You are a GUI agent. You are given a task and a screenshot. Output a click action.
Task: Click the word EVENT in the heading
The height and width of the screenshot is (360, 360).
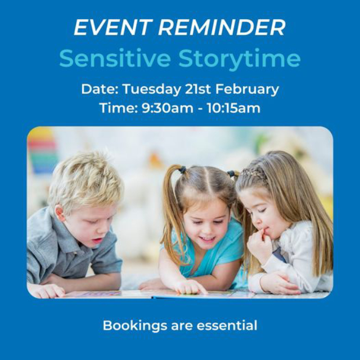pos(113,28)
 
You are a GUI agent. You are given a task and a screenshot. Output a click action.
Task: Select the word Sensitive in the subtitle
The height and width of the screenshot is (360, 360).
pos(115,58)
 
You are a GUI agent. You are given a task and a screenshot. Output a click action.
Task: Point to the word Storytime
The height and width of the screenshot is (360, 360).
pos(240,59)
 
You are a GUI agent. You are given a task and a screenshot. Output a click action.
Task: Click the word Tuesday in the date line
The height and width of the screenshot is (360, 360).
pos(151,89)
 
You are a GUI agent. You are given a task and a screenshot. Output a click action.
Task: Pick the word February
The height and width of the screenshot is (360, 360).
pos(247,89)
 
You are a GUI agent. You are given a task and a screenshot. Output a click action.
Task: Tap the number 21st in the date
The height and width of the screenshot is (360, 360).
pos(197,89)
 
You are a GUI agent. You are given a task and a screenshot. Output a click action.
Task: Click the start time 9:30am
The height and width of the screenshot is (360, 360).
pos(167,108)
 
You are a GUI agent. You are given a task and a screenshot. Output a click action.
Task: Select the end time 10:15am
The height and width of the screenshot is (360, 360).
pos(233,108)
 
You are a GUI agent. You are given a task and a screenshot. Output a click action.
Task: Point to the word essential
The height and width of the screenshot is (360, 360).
pos(227,326)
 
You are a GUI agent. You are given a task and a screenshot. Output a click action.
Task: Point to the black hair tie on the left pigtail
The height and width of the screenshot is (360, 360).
pos(182,170)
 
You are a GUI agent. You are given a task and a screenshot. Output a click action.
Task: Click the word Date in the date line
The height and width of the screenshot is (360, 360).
pos(100,89)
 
